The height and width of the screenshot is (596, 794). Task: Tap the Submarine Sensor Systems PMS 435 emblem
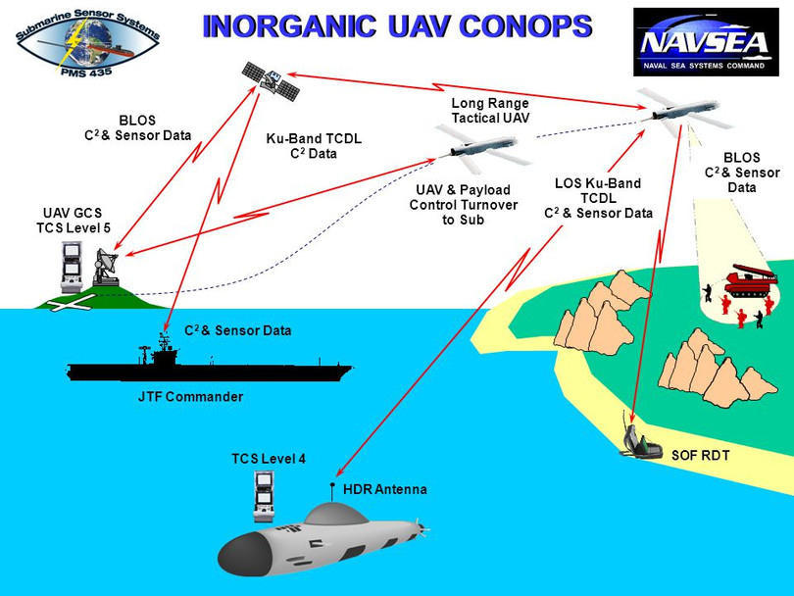coord(85,40)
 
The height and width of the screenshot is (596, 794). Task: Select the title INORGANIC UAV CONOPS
coord(397,26)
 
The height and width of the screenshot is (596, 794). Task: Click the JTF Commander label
coord(190,397)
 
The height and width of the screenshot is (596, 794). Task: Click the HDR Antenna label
coord(385,489)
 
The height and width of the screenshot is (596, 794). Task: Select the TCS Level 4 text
coord(269,458)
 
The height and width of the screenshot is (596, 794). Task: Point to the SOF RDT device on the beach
coord(638,444)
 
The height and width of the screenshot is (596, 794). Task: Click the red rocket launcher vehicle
coord(750,282)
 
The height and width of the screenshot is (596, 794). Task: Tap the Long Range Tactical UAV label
coord(490,111)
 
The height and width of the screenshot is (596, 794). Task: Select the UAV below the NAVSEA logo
coord(680,110)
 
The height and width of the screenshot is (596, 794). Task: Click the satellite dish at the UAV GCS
coord(105,268)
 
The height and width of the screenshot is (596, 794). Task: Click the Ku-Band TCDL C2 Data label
coord(314,147)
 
